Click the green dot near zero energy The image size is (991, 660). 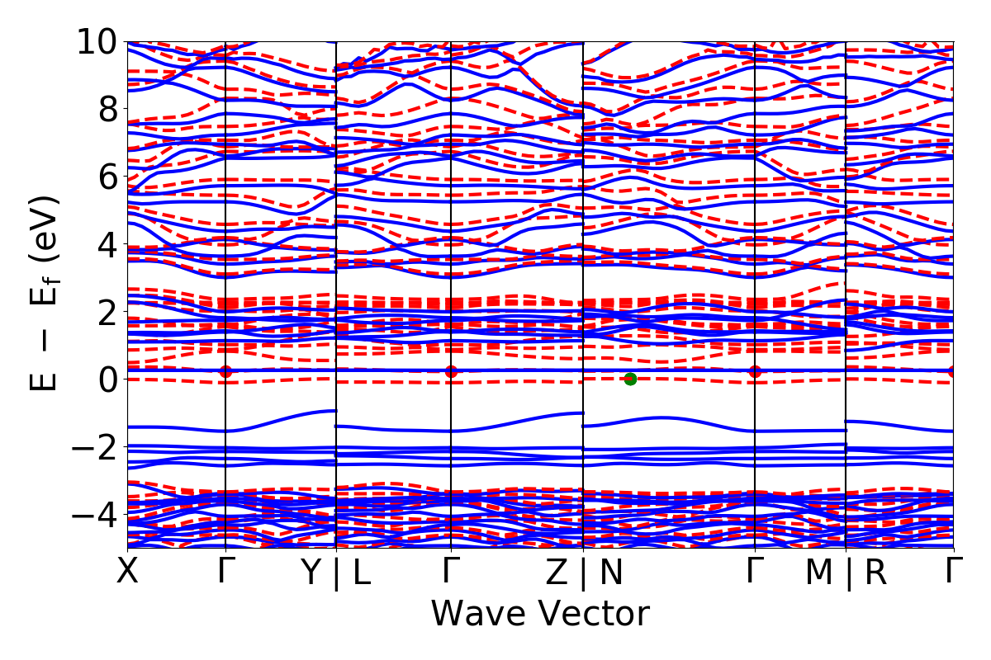coord(630,379)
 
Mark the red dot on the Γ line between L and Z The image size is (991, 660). coord(451,371)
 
